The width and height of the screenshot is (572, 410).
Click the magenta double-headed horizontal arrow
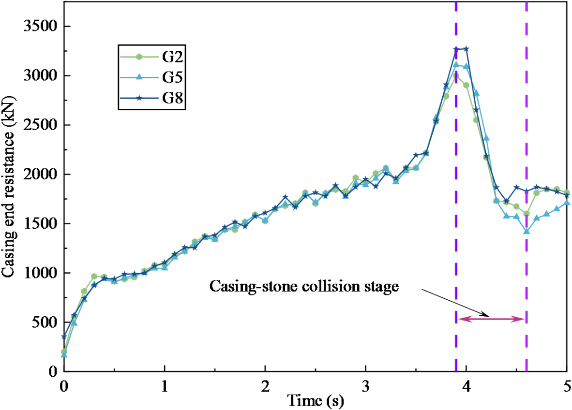[x=491, y=319]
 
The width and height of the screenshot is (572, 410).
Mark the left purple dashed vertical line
[x=456, y=193]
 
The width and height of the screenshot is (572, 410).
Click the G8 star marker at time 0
[x=64, y=337]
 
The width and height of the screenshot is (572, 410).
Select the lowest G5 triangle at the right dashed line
[x=527, y=231]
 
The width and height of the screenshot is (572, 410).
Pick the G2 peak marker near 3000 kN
[x=456, y=76]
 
